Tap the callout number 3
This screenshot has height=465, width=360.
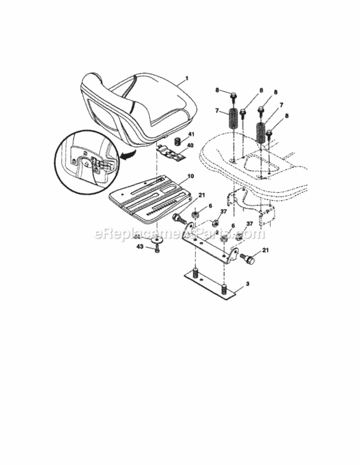pyautogui.click(x=247, y=283)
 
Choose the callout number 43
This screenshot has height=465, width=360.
pyautogui.click(x=139, y=247)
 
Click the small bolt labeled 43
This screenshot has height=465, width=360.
pyautogui.click(x=157, y=249)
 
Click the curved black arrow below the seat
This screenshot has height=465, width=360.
pyautogui.click(x=131, y=157)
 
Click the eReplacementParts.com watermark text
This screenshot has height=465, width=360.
pyautogui.click(x=179, y=234)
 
